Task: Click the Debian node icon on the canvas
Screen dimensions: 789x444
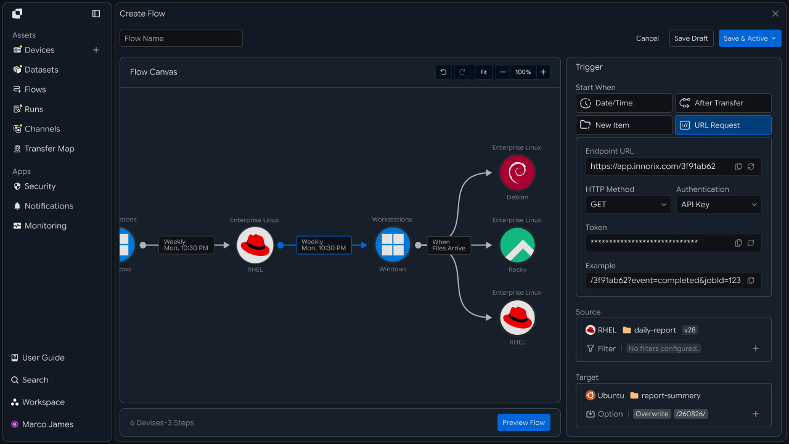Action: point(517,173)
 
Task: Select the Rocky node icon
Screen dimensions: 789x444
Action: point(517,245)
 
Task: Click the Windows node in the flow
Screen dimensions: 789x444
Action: point(393,245)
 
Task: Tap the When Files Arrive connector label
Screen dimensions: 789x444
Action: point(449,245)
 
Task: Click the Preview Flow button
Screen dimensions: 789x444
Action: point(524,422)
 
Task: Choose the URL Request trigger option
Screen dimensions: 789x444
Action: point(723,125)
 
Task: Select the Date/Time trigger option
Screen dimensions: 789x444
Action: point(624,103)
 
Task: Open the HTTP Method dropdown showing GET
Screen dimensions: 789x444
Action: point(628,205)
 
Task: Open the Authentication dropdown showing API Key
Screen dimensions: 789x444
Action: point(719,205)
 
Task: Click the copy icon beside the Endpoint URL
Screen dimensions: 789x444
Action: point(738,166)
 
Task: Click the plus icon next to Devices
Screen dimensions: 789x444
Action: point(96,50)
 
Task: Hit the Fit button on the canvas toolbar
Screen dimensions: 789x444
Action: point(483,72)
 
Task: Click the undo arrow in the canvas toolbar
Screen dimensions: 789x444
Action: point(443,72)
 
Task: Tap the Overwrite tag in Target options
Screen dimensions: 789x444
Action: point(652,414)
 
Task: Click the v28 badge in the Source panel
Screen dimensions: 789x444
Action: point(690,330)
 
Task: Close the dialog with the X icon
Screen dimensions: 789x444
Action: point(775,14)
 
